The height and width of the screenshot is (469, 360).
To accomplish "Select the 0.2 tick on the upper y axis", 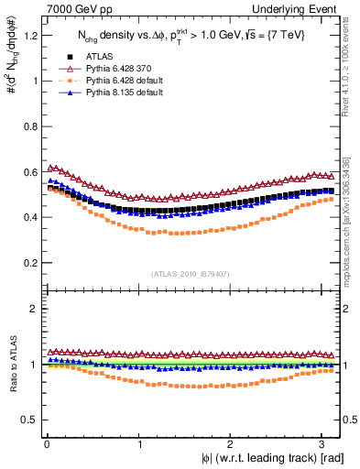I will point(27,263).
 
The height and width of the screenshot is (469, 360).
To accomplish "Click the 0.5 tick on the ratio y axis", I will point(27,420).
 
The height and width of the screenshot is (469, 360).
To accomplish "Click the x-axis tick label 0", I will point(45,444).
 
